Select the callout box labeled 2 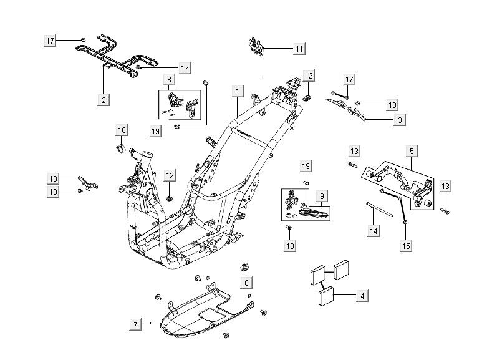pyautogui.click(x=104, y=99)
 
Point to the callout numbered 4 pyautogui.click(x=361, y=296)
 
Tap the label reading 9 pyautogui.click(x=321, y=196)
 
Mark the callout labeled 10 pyautogui.click(x=54, y=178)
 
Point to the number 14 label pyautogui.click(x=373, y=231)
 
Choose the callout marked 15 pyautogui.click(x=406, y=246)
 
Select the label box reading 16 pyautogui.click(x=122, y=130)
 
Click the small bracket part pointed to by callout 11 pyautogui.click(x=256, y=46)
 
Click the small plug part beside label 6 pyautogui.click(x=244, y=268)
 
